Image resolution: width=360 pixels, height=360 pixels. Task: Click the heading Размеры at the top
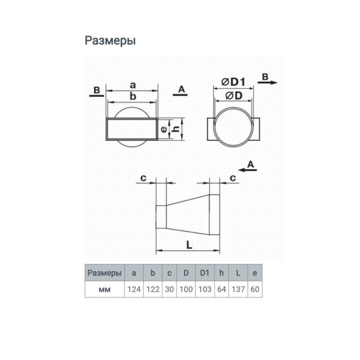[110, 41]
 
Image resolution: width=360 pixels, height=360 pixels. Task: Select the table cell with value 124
[134, 290]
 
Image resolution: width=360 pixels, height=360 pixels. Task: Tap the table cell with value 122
[152, 290]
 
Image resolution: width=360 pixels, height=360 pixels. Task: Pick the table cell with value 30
[169, 290]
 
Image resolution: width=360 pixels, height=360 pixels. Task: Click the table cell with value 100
[186, 290]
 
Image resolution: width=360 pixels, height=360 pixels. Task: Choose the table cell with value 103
[205, 290]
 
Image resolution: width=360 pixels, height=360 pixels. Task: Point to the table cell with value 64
[222, 290]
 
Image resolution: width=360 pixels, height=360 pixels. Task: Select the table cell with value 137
[238, 290]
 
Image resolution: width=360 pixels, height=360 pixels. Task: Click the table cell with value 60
[255, 290]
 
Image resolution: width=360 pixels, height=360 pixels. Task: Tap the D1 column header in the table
[205, 273]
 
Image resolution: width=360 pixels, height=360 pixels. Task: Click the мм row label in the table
[105, 290]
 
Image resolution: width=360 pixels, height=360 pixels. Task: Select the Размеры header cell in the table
[105, 273]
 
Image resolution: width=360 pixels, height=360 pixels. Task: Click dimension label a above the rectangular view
[132, 84]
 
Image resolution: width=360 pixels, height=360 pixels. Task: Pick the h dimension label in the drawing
[172, 129]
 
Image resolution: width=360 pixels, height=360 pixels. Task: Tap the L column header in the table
[238, 273]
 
